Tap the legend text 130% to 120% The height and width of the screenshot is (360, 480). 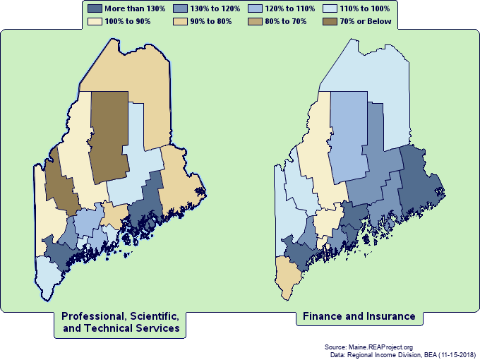(x=216, y=8)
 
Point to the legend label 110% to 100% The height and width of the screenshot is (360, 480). (x=366, y=8)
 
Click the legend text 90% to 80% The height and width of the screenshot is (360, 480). (x=216, y=22)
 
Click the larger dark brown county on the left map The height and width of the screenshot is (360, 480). (x=109, y=134)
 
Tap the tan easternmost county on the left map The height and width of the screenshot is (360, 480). (x=180, y=180)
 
